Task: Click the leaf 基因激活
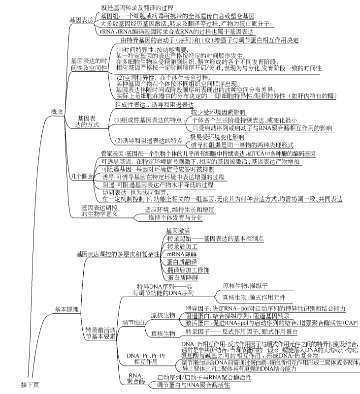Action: tap(178, 231)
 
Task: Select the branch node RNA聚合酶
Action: tap(135, 378)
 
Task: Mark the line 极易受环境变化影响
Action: tap(217, 137)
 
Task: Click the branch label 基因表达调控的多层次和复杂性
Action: tap(118, 254)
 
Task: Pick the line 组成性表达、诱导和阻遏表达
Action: tap(154, 105)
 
